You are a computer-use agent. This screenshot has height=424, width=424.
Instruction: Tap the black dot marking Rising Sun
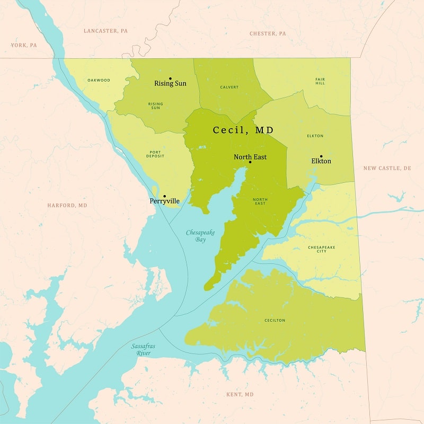[170, 78]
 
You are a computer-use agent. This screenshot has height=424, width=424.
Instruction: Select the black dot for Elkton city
[321, 156]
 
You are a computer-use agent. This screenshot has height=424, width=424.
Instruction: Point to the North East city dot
[250, 162]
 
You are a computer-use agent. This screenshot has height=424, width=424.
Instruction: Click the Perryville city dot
[164, 196]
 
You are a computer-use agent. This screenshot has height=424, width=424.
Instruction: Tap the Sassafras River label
[143, 349]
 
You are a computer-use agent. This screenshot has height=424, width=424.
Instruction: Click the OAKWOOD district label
[99, 80]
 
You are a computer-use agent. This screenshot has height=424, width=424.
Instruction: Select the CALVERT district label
[229, 87]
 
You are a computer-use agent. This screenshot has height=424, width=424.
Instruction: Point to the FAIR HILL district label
[320, 82]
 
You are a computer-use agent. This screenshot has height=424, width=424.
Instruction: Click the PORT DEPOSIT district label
[155, 154]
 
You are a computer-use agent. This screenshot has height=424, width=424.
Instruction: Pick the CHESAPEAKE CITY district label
[322, 249]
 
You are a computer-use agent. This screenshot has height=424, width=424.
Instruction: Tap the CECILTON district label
[275, 320]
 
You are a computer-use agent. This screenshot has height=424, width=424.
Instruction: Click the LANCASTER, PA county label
[105, 31]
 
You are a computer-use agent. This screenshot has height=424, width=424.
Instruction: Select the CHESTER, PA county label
[268, 33]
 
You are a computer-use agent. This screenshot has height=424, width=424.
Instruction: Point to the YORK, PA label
[24, 45]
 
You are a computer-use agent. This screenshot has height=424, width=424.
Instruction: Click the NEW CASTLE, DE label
[387, 168]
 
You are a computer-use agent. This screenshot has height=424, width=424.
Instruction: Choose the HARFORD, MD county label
[67, 205]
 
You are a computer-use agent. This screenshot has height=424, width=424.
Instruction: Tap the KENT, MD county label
[240, 394]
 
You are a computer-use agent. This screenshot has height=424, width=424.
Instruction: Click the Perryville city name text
[164, 201]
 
